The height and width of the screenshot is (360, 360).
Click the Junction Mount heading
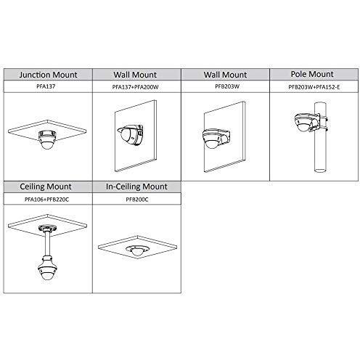coord(48,75)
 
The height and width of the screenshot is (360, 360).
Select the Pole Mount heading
coord(312,74)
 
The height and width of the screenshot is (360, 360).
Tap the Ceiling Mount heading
coord(46,187)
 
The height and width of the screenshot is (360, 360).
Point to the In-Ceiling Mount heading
coord(136,187)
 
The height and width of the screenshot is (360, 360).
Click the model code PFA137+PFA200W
coord(135,87)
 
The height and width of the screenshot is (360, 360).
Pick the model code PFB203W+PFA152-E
coord(314,87)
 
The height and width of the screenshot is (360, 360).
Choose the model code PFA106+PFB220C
coord(46,200)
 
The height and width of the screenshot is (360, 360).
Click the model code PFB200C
coord(137,200)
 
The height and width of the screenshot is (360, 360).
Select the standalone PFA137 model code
coord(46,86)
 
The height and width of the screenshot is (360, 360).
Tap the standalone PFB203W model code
coord(227,86)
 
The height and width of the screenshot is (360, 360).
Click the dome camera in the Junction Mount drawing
coord(48,139)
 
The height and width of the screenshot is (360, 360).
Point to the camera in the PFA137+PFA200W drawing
coord(130,135)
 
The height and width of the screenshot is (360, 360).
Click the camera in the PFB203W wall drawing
coord(216,139)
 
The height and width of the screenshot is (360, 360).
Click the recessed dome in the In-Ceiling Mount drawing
coord(136,250)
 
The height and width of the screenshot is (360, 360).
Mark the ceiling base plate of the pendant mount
coord(47,228)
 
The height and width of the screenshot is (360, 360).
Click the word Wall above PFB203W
coord(212,75)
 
